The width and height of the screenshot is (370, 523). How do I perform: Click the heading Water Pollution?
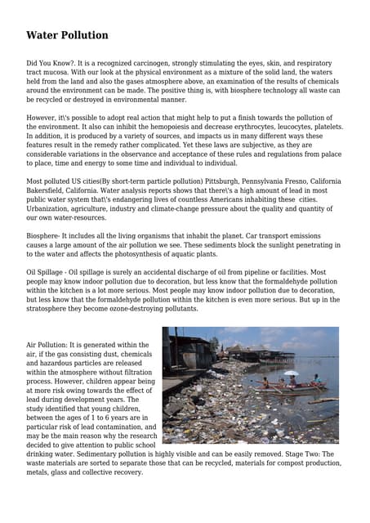(x=67, y=35)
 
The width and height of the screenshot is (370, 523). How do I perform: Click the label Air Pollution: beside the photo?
(x=53, y=345)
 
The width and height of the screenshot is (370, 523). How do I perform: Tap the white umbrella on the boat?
(x=292, y=373)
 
